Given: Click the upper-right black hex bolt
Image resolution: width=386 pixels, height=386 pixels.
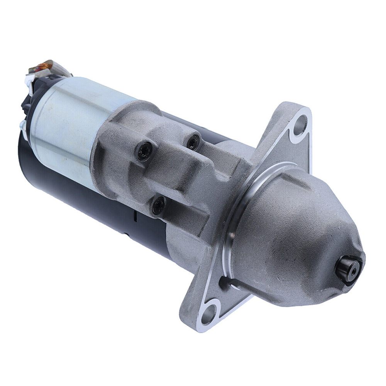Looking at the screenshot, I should (x=193, y=142).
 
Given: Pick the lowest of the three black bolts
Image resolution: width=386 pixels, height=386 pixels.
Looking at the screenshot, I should (x=159, y=205).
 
